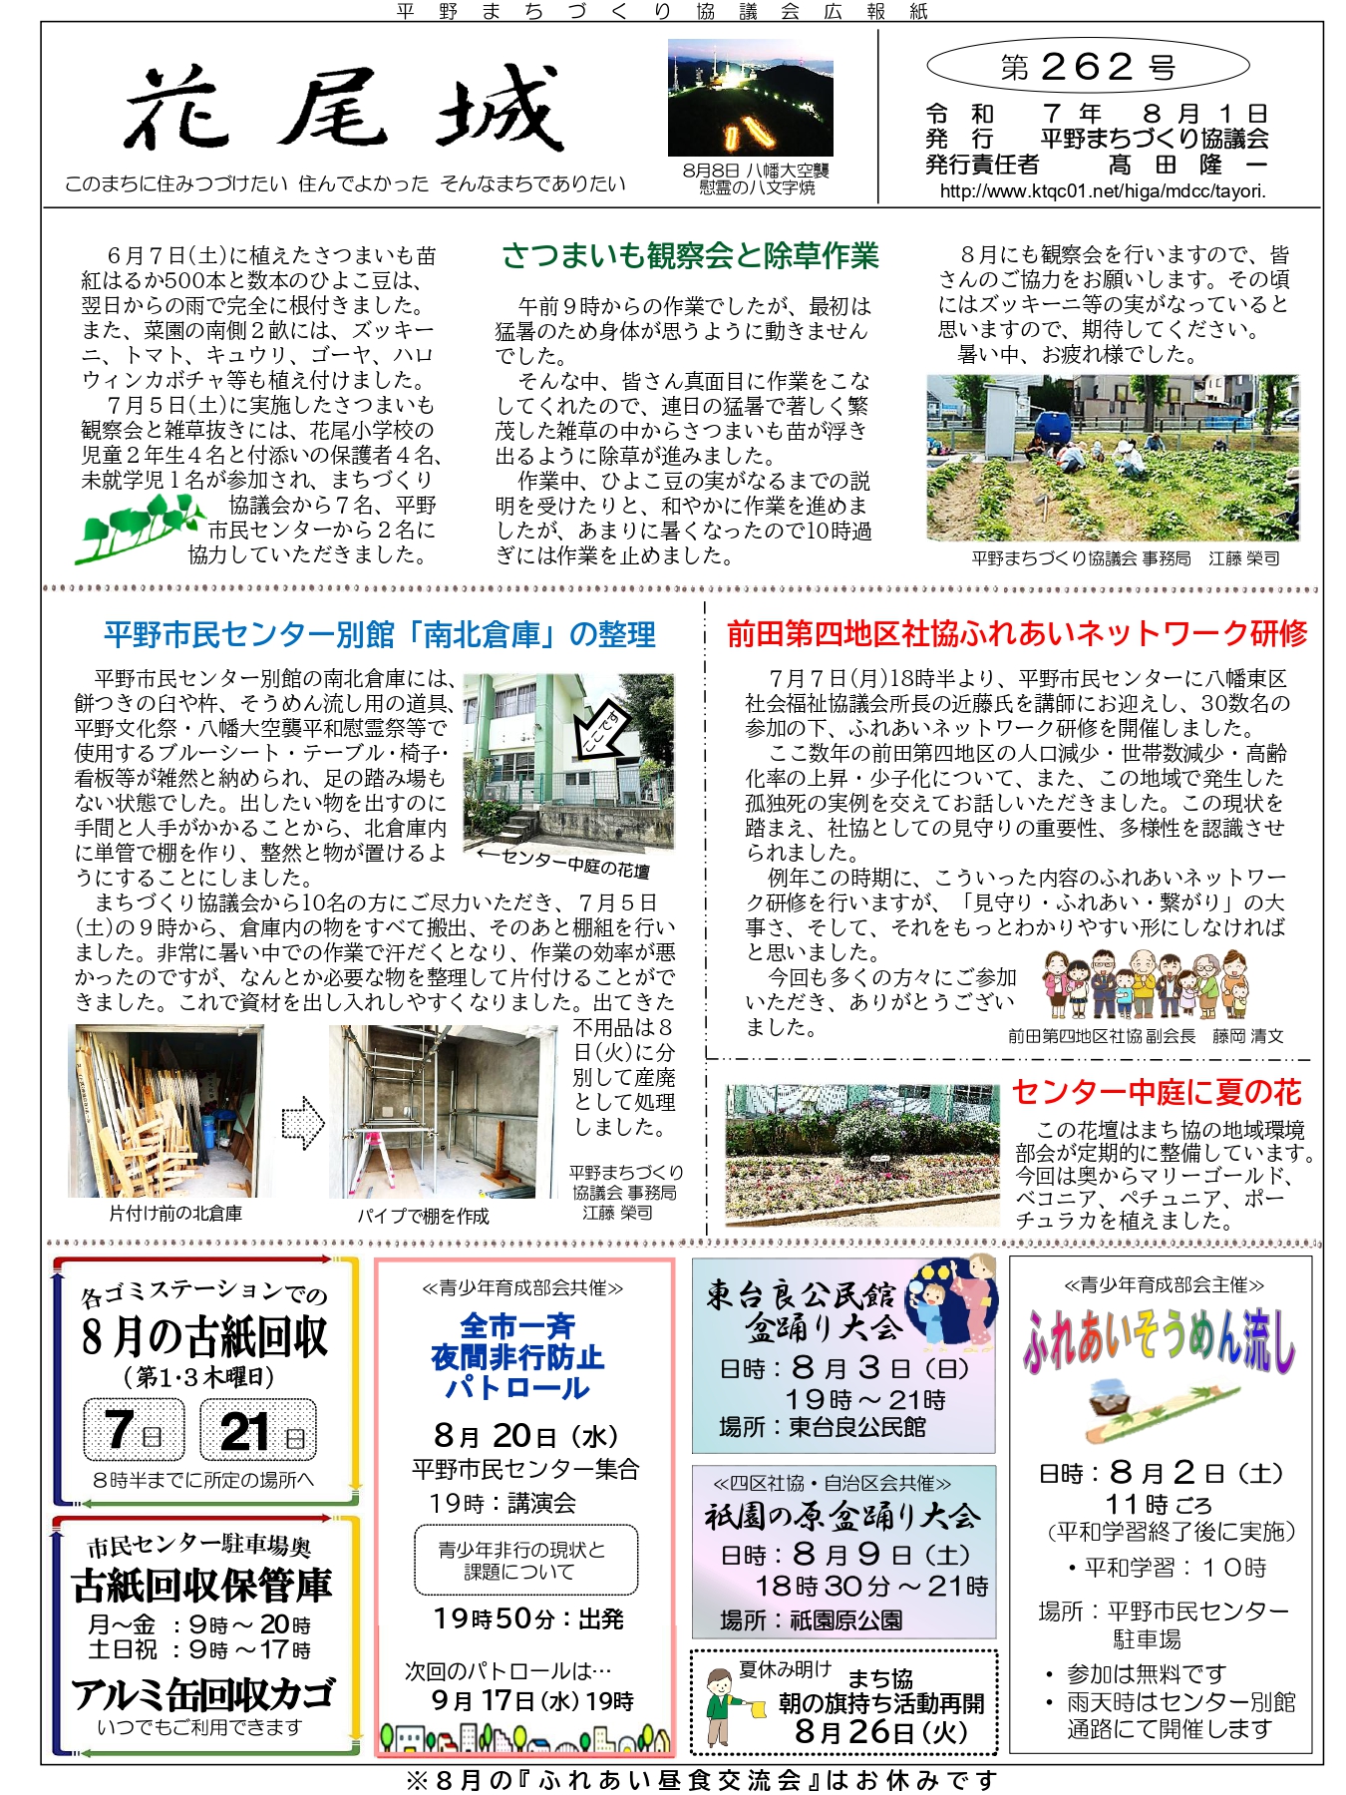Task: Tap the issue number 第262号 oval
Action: tap(1088, 68)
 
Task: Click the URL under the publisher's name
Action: tap(1102, 191)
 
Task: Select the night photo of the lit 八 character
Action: tap(750, 98)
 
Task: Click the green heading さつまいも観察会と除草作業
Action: tap(690, 256)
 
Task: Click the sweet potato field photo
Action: tap(1112, 458)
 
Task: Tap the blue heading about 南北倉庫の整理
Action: tap(380, 635)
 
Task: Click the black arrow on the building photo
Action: tap(604, 728)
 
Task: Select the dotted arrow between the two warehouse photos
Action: tap(303, 1123)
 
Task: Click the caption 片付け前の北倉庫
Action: tap(175, 1214)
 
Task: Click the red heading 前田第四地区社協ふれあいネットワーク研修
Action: tap(1016, 634)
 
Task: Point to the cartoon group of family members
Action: tap(1145, 985)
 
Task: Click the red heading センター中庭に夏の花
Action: tap(1157, 1093)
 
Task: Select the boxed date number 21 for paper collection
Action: tap(258, 1430)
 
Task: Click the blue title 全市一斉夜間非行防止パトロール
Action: tap(517, 1356)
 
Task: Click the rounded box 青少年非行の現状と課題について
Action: tap(525, 1560)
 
